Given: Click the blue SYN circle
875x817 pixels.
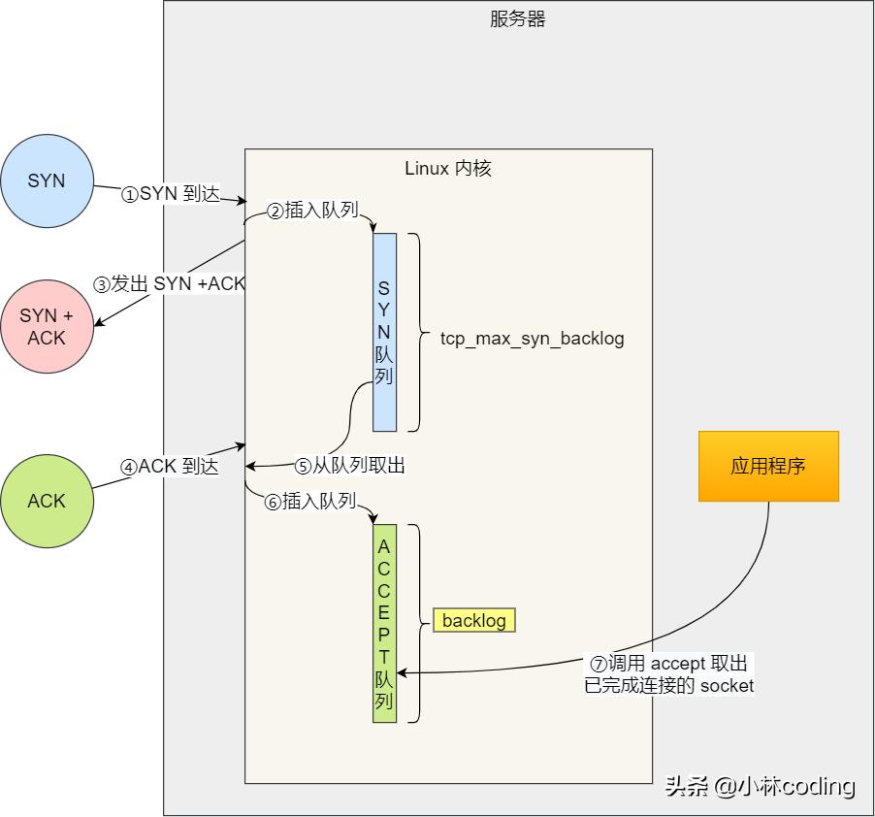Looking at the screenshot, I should pyautogui.click(x=47, y=181).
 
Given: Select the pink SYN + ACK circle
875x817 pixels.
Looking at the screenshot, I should pyautogui.click(x=47, y=327).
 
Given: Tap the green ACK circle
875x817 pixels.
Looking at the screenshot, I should pyautogui.click(x=47, y=501).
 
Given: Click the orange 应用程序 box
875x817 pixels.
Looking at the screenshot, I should pyautogui.click(x=768, y=467).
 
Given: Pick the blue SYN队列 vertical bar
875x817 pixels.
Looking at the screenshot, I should pyautogui.click(x=384, y=332).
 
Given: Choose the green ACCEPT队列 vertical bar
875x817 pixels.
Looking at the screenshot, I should pyautogui.click(x=384, y=623).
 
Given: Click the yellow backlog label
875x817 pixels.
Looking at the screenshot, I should pyautogui.click(x=474, y=621).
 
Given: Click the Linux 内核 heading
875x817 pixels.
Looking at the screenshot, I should pyautogui.click(x=448, y=169).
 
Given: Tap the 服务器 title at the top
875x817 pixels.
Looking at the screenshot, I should pyautogui.click(x=518, y=19).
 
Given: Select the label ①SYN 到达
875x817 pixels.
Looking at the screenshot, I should pyautogui.click(x=171, y=194).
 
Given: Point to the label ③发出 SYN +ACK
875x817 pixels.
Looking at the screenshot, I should pyautogui.click(x=170, y=284).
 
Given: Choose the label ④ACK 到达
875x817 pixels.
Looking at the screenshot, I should pyautogui.click(x=171, y=467).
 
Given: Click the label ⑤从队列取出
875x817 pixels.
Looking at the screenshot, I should pyautogui.click(x=349, y=467).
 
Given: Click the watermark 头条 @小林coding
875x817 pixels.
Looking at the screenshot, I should pyautogui.click(x=760, y=786).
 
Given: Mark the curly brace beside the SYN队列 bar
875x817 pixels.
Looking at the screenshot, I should pyautogui.click(x=415, y=332).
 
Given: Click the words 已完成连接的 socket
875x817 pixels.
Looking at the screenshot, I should pyautogui.click(x=669, y=685).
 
